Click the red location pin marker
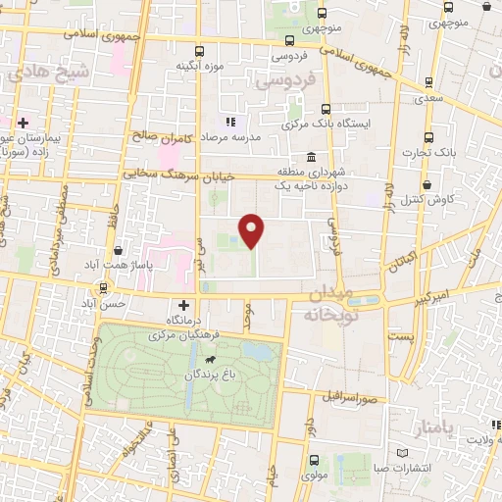pyautogui.click(x=253, y=230)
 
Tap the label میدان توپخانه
pyautogui.click(x=325, y=305)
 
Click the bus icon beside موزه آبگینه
pyautogui.click(x=199, y=51)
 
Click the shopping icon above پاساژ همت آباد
pyautogui.click(x=119, y=252)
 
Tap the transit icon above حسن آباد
pyautogui.click(x=103, y=289)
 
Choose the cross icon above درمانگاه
pyautogui.click(x=183, y=305)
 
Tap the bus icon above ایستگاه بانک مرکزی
pyautogui.click(x=326, y=110)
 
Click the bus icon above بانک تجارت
pyautogui.click(x=427, y=137)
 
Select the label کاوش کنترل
pyautogui.click(x=427, y=199)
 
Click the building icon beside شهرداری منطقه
pyautogui.click(x=311, y=158)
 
